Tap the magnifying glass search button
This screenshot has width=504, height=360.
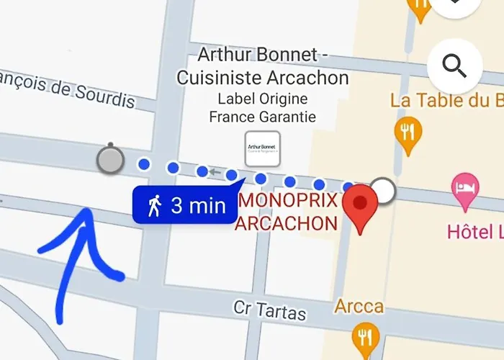point(455,66)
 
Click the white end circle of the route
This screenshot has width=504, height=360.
point(386,191)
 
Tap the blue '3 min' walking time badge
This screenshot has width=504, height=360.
point(186,206)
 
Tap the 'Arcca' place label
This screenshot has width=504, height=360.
point(359,307)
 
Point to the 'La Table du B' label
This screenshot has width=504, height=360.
point(446,100)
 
